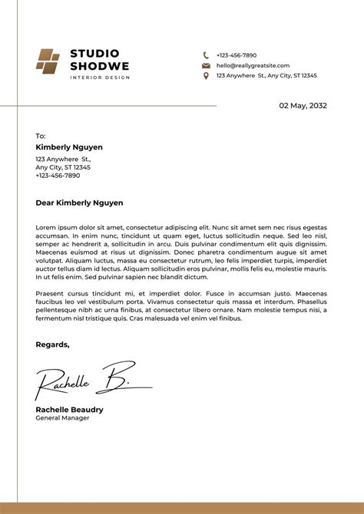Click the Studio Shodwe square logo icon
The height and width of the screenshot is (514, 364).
pos(48,61)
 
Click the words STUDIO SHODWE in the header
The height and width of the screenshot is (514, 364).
pos(94,60)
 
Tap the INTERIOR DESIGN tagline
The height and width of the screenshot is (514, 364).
pos(100,77)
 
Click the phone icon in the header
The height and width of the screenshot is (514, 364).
pos(206,55)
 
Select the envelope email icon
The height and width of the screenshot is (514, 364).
pos(206,66)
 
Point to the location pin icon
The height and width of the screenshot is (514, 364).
pos(206,76)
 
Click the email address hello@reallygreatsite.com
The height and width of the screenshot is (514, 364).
pos(253,66)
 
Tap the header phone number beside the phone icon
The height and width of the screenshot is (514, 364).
pos(237,55)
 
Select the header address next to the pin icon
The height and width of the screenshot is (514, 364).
pos(266,76)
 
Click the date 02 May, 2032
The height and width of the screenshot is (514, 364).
pos(303,106)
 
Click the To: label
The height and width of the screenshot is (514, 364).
pos(41,136)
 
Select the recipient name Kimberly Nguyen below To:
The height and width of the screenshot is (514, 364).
pos(69,147)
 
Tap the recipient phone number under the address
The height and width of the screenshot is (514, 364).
pos(58,176)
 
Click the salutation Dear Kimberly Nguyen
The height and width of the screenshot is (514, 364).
pos(79,203)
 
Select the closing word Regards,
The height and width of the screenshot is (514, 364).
pos(52,344)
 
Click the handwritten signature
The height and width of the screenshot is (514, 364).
pos(84,379)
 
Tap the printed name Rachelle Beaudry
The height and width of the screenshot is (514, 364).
pos(69,410)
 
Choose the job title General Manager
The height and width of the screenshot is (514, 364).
pos(62,418)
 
